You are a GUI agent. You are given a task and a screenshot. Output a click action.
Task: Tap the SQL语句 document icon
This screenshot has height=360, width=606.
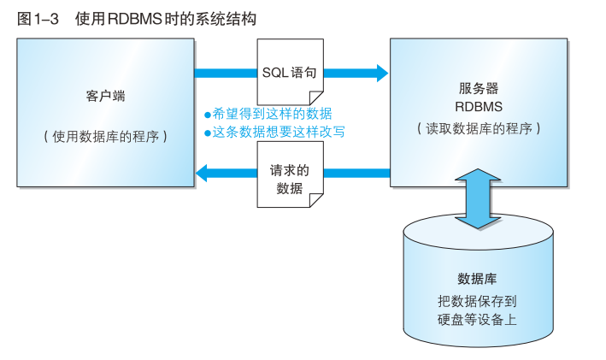291,72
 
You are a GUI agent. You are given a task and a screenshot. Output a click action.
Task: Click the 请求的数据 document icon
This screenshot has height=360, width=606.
291,180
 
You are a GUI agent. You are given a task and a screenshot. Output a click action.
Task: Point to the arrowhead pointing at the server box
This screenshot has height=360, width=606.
381,73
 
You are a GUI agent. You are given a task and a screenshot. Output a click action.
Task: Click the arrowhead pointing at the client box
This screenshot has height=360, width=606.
203,174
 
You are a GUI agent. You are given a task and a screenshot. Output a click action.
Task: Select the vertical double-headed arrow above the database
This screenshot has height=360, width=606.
478,198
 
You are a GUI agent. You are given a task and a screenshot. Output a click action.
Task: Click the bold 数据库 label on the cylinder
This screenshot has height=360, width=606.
478,280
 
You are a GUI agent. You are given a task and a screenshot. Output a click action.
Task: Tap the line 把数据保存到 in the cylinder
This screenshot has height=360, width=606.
477,301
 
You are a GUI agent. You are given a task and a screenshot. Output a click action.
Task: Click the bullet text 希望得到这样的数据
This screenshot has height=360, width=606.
272,114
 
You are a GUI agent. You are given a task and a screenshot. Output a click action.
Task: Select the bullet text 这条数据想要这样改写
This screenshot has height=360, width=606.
279,132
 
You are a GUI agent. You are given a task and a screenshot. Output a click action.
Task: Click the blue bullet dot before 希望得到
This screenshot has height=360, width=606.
208,115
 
